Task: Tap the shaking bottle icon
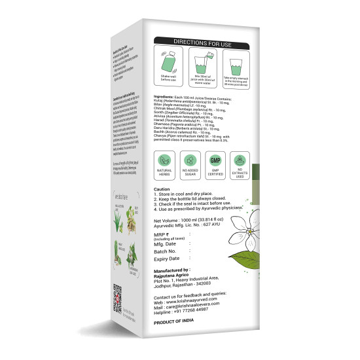coord(166,67)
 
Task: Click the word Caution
coord(162,206)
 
